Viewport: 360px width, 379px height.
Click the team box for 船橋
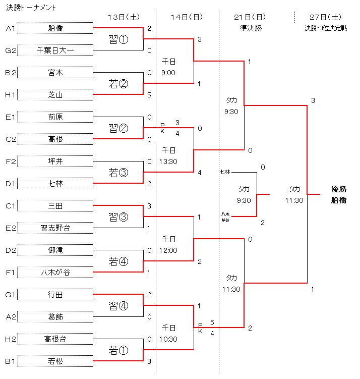tap(56, 28)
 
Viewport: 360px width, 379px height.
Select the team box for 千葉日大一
tap(56, 50)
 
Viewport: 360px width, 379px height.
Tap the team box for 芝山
tap(56, 95)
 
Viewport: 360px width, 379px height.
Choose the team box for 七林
tap(56, 184)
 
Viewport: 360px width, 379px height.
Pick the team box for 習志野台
tap(56, 228)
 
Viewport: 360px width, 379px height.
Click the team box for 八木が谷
tap(56, 273)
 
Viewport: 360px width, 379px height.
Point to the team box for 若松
tap(56, 361)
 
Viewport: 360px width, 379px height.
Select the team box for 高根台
tap(56, 339)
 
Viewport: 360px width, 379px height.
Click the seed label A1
tap(10, 28)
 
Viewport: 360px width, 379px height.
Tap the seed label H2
tap(10, 339)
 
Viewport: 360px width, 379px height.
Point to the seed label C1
tap(10, 206)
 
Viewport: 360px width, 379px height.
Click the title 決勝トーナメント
tap(31, 8)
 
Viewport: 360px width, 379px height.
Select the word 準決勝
tap(251, 28)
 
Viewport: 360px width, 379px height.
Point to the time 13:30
tap(168, 161)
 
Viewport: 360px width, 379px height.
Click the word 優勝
tap(338, 189)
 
